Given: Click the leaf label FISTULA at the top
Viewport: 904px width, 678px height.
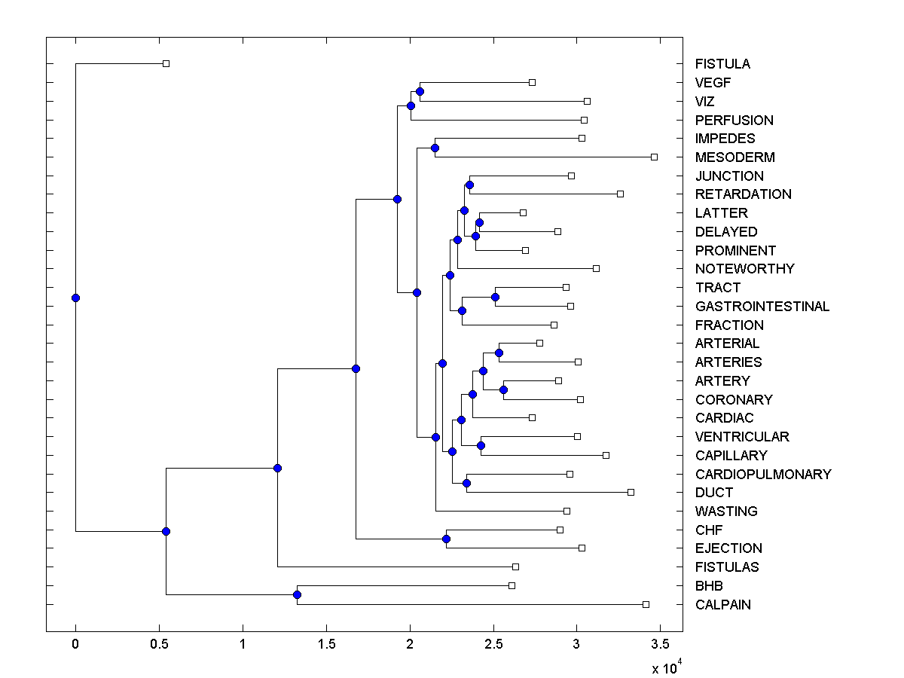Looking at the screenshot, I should pyautogui.click(x=722, y=64).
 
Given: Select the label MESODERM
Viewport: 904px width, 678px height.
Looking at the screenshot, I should pyautogui.click(x=734, y=157).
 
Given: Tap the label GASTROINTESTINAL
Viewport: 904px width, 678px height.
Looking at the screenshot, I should pyautogui.click(x=762, y=307).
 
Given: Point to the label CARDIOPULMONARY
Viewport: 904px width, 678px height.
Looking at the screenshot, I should pyautogui.click(x=762, y=474).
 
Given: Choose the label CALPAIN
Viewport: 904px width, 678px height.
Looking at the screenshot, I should pyautogui.click(x=722, y=604).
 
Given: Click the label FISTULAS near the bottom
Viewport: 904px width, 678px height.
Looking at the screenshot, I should pyautogui.click(x=727, y=567).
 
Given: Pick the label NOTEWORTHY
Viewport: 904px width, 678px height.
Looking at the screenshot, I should pyautogui.click(x=744, y=269).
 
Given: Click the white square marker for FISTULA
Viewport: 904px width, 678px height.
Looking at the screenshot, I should pyautogui.click(x=166, y=64).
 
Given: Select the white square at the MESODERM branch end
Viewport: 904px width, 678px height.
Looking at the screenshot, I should pyautogui.click(x=654, y=157).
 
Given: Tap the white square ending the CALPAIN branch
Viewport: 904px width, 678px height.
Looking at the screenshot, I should pyautogui.click(x=646, y=604).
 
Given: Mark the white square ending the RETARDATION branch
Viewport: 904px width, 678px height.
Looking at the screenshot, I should pyautogui.click(x=620, y=194).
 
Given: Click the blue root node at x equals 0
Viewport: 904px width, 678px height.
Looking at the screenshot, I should pyautogui.click(x=75, y=298).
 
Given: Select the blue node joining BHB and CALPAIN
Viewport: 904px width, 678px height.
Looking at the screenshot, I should pyautogui.click(x=297, y=595).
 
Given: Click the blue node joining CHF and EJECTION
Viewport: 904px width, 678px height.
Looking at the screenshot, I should pyautogui.click(x=446, y=539).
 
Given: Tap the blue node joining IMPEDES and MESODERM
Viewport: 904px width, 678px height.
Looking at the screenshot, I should pyautogui.click(x=435, y=148).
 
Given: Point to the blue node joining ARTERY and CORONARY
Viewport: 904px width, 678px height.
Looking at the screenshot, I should pyautogui.click(x=503, y=389).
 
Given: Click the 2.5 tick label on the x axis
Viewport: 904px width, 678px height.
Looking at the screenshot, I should pyautogui.click(x=493, y=645).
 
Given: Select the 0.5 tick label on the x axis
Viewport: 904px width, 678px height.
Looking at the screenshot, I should pyautogui.click(x=159, y=645).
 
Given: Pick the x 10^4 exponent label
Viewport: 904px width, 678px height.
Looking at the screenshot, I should pyautogui.click(x=666, y=667).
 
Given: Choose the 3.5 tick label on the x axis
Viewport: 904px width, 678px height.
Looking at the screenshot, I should pyautogui.click(x=660, y=645).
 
